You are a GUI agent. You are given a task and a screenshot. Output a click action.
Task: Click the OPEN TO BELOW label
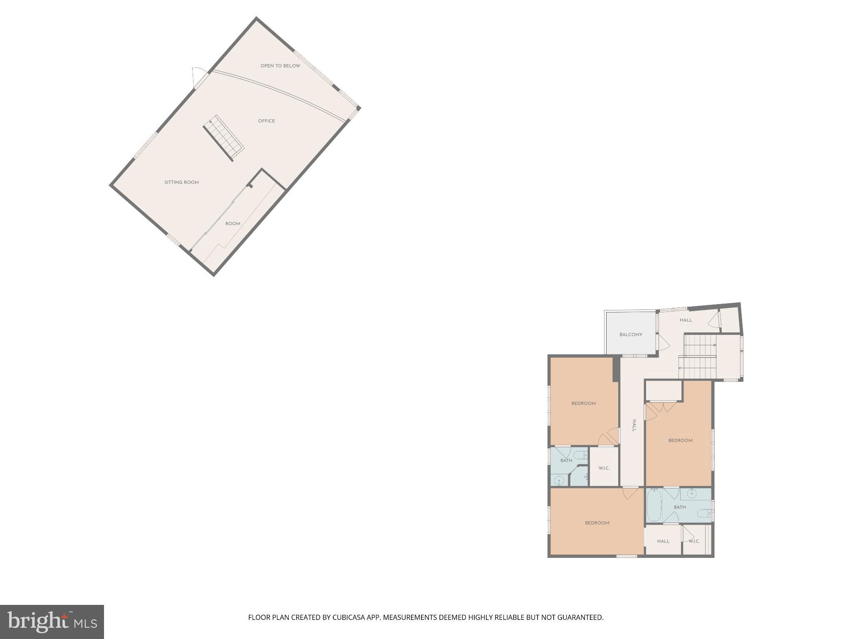(x=280, y=66)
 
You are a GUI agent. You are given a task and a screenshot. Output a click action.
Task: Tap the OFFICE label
(x=266, y=121)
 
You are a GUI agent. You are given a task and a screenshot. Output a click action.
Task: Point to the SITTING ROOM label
(x=181, y=183)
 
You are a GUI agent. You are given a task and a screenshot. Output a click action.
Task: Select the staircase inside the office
(x=223, y=138)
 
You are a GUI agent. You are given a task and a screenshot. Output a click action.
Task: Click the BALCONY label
(x=631, y=334)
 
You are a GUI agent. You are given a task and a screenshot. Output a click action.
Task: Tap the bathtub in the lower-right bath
(x=654, y=506)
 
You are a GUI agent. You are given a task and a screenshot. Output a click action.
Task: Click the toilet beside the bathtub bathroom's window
(x=704, y=513)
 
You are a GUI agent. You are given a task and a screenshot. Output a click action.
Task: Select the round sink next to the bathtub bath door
(x=691, y=494)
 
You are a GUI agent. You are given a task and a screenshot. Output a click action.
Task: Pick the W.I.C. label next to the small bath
(x=604, y=468)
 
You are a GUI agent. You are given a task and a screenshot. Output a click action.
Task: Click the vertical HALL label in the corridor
(x=634, y=425)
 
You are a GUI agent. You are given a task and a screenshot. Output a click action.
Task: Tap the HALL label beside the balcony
(x=686, y=320)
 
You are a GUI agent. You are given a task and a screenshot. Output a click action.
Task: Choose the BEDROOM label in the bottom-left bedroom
(x=597, y=523)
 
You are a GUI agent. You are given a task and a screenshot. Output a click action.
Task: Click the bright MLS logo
(x=52, y=622)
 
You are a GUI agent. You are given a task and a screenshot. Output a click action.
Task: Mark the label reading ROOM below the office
(x=233, y=224)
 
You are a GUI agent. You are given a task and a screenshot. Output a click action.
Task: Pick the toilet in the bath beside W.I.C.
(x=580, y=454)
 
